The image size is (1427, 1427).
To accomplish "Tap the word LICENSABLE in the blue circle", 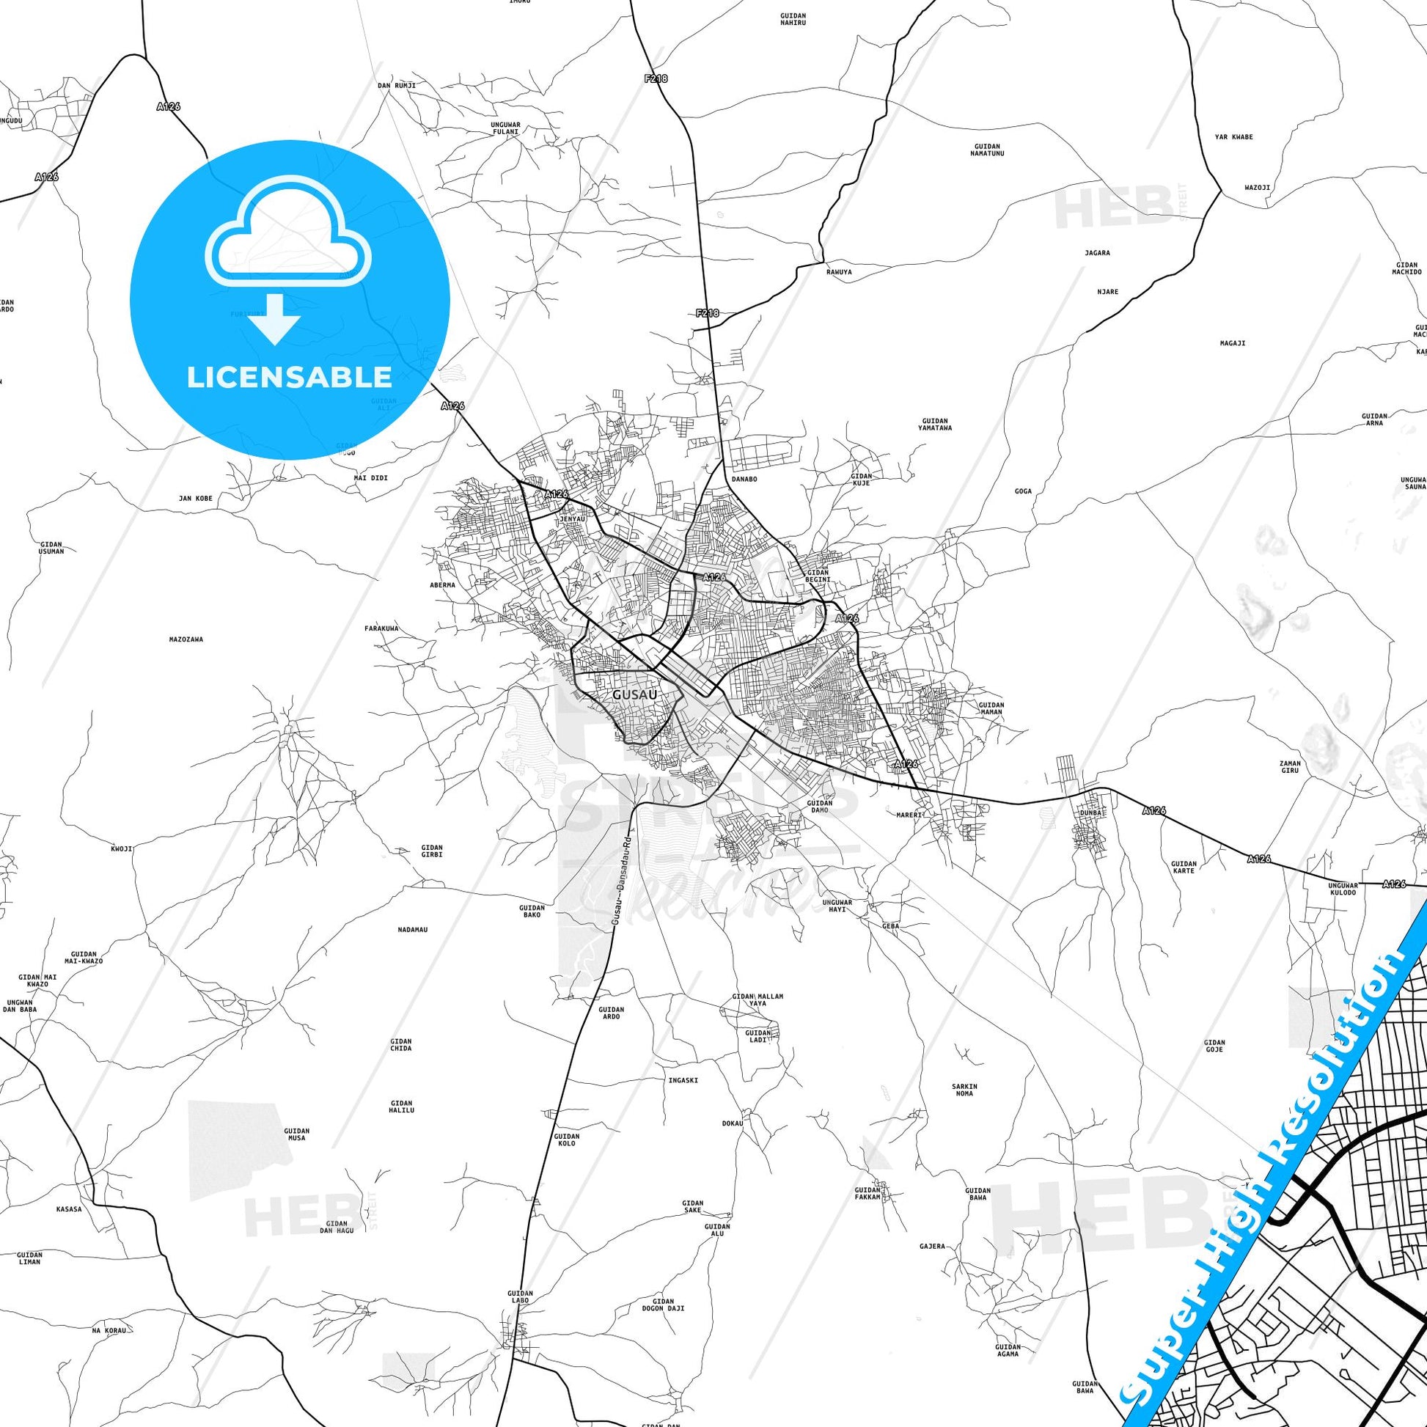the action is click(x=289, y=378).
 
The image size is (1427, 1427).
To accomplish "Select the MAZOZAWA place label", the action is click(x=186, y=639).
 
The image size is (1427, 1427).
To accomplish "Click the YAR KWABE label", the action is click(x=1234, y=137).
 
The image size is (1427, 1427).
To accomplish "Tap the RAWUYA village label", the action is click(x=839, y=272).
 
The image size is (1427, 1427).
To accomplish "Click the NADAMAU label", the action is click(x=412, y=929).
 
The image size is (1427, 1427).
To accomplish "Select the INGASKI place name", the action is click(x=683, y=1080).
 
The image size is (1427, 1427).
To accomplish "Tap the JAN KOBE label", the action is click(x=195, y=499).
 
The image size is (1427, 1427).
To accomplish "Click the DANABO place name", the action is click(x=744, y=479).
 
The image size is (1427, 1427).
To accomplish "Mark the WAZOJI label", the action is click(x=1257, y=188).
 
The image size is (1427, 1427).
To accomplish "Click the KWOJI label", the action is click(x=122, y=848).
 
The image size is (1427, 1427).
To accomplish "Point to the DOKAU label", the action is click(x=732, y=1144).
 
